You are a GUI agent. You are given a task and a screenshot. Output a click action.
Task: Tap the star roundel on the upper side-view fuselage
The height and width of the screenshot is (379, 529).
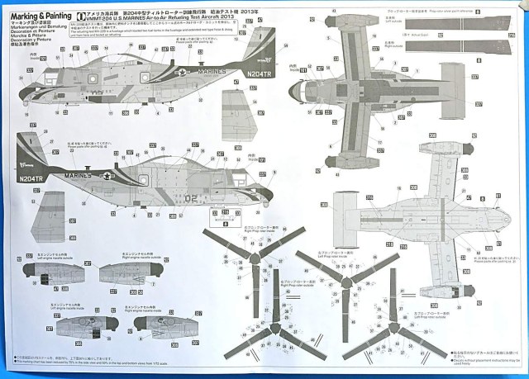(x=180, y=73)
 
